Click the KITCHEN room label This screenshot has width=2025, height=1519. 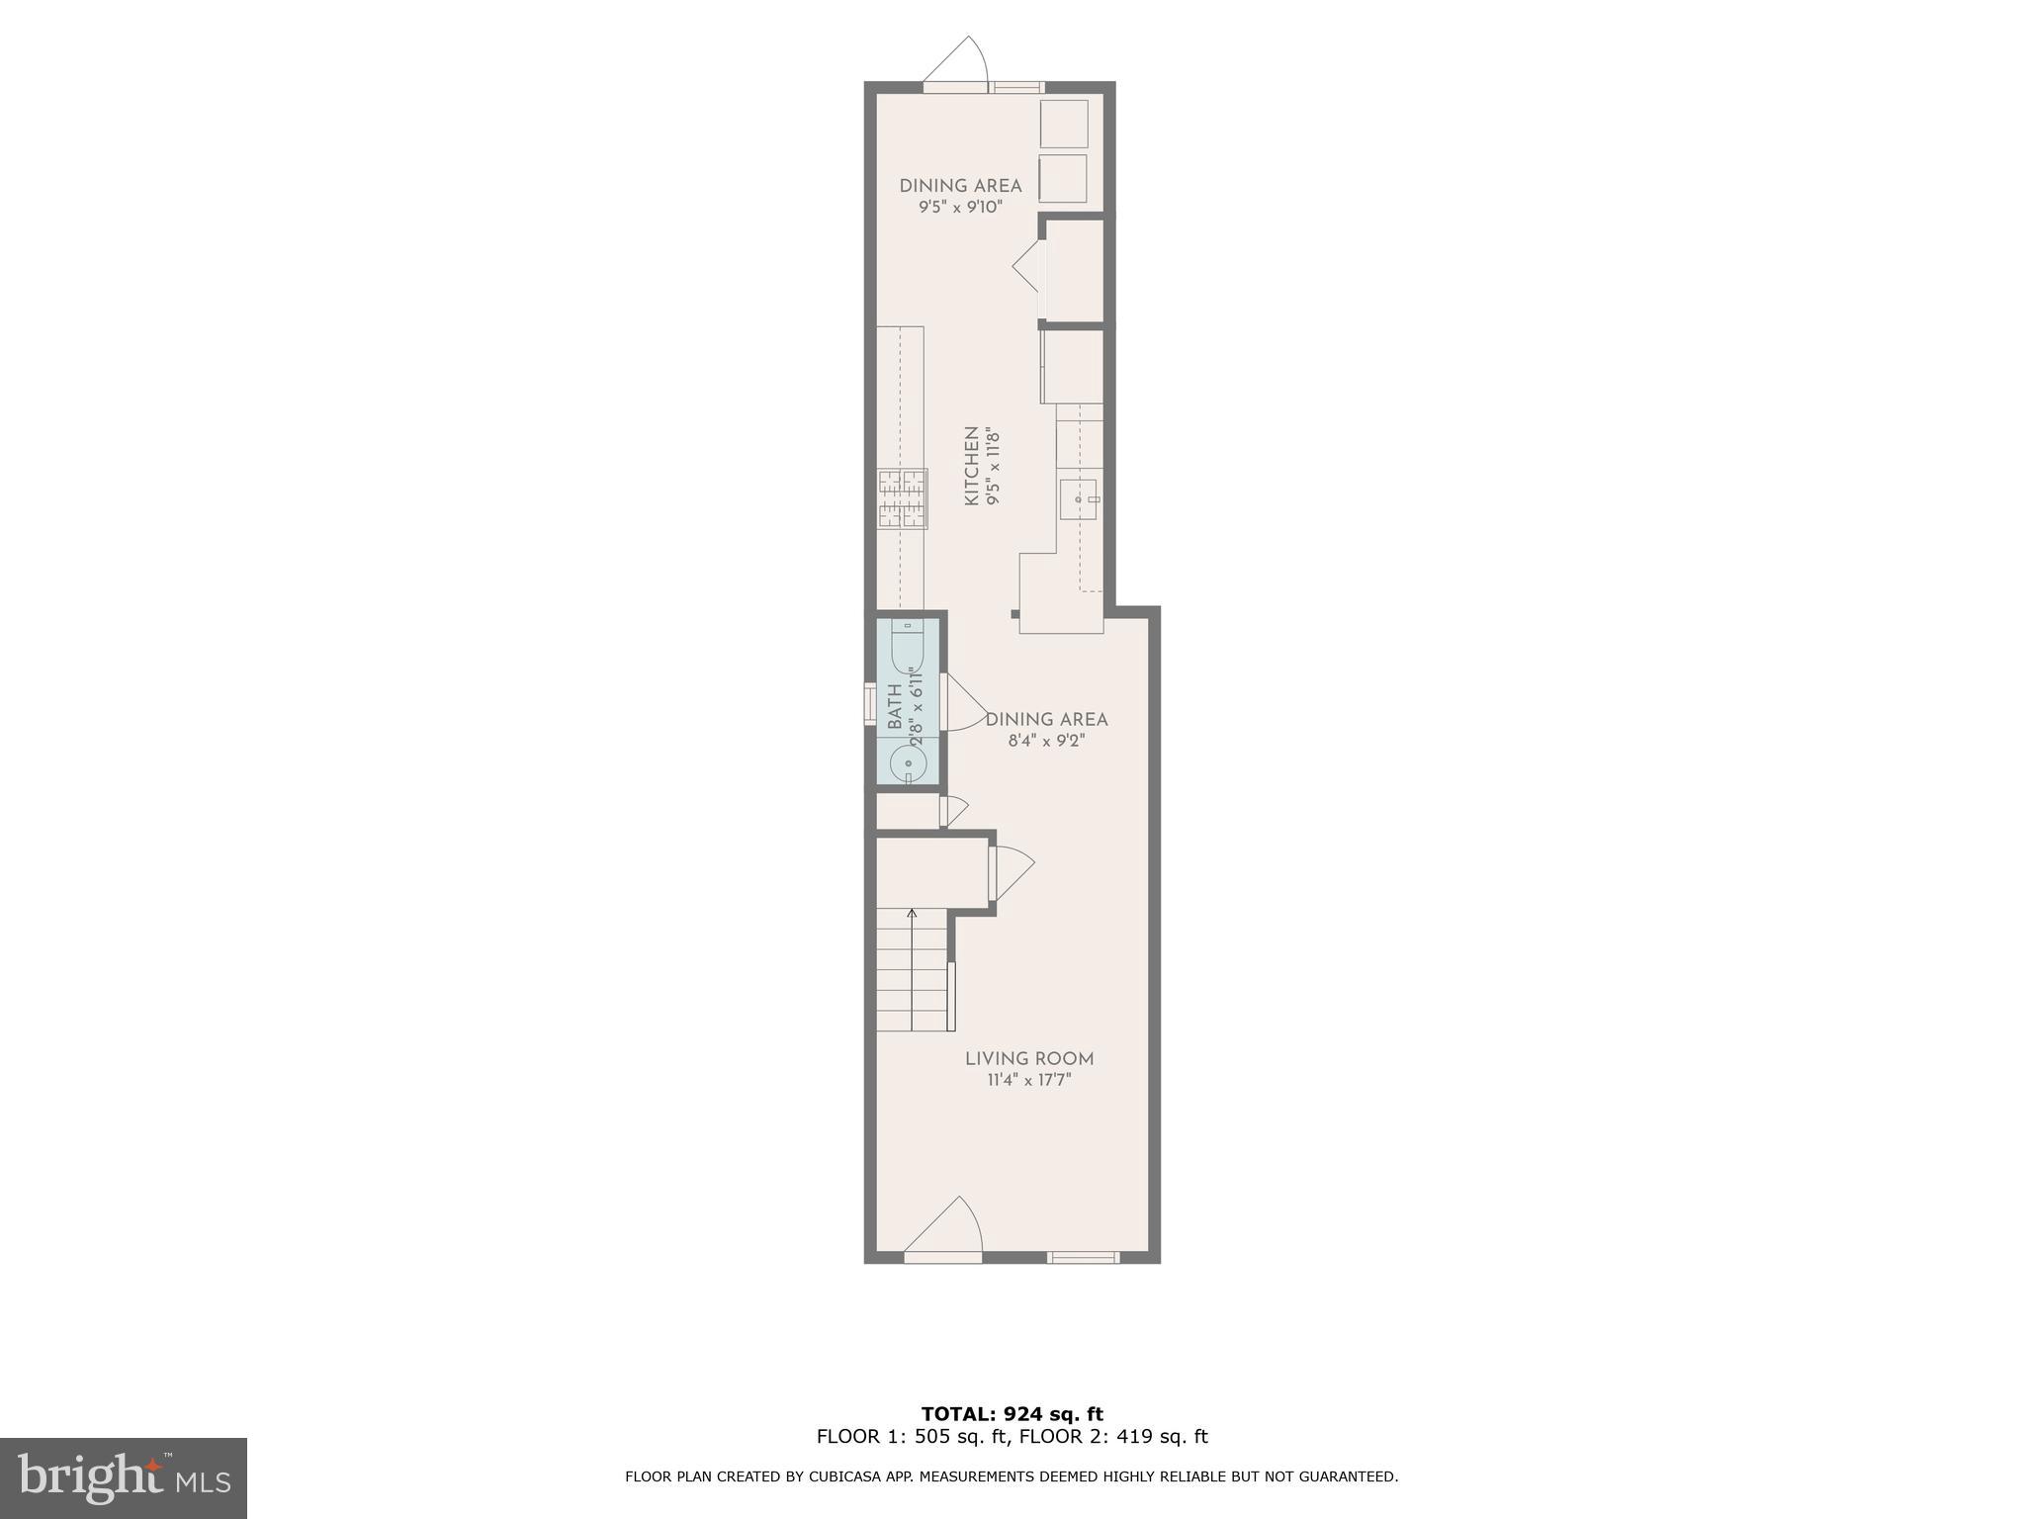click(971, 466)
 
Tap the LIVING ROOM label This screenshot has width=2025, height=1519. click(1029, 1058)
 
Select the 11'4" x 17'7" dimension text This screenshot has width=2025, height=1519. click(1029, 1080)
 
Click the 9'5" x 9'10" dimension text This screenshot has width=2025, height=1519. click(960, 207)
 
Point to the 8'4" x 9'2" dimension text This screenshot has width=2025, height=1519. click(1046, 741)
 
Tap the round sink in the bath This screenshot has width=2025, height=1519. click(908, 763)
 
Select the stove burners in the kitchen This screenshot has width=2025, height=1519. click(902, 498)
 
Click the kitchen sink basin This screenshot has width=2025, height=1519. click(1078, 498)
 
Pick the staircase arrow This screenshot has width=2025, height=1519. click(912, 914)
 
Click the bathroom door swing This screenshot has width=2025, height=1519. click(964, 703)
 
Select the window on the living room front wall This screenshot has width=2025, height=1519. click(1083, 1257)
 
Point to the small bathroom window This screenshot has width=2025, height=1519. click(870, 704)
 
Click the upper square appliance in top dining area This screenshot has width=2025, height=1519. click(1064, 124)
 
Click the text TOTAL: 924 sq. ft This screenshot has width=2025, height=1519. click(1012, 1414)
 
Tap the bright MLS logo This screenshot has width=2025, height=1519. click(124, 1477)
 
